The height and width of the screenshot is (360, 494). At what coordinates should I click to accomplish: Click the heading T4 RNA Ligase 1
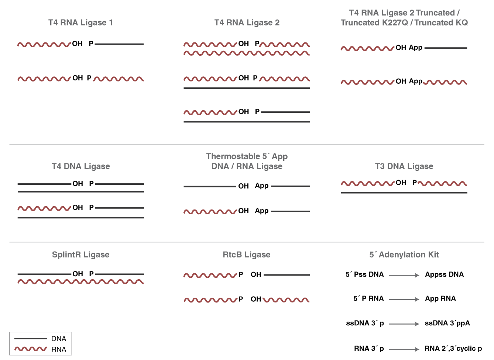point(80,23)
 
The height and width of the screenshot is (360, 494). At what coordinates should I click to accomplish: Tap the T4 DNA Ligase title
point(80,166)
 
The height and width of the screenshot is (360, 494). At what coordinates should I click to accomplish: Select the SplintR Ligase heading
point(80,255)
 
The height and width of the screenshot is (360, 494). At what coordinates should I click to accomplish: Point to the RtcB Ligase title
point(247,255)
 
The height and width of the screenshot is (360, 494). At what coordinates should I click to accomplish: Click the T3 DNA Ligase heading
point(404,166)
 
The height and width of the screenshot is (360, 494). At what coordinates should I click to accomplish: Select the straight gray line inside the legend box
point(31,338)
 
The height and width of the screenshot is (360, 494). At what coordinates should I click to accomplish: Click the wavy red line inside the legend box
point(31,349)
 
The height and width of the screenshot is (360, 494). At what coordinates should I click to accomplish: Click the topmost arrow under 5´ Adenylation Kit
point(404,275)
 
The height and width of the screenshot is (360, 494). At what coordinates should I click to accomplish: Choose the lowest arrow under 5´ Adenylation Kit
point(404,349)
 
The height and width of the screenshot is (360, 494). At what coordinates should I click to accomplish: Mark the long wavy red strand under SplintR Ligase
point(80,282)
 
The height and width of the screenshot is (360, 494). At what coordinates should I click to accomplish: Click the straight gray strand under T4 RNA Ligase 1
point(119,44)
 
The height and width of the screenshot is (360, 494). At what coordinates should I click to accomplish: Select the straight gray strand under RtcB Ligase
point(287,275)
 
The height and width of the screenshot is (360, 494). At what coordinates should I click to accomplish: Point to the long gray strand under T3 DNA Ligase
point(404,193)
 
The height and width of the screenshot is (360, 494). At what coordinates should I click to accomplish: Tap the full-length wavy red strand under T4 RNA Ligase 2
point(247,53)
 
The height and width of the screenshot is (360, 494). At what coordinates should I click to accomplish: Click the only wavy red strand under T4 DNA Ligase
point(44,208)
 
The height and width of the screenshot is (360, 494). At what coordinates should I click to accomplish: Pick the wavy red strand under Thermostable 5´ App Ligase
point(210,212)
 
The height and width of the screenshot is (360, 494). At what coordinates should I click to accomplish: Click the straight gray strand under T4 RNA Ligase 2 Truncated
point(446,48)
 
